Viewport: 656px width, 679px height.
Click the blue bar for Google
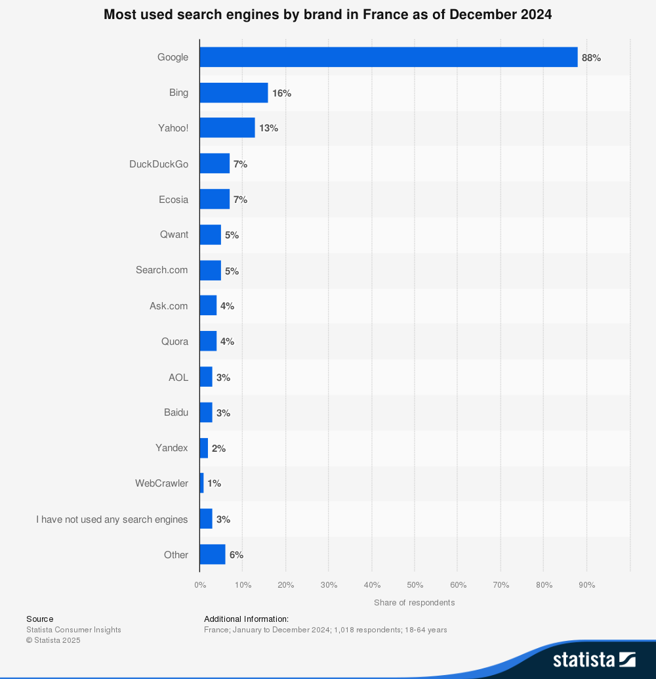pos(388,57)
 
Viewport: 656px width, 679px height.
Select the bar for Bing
pos(234,93)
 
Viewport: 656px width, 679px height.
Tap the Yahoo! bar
pos(227,128)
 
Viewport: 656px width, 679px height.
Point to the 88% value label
pos(591,58)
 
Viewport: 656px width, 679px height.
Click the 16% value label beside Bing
pos(281,93)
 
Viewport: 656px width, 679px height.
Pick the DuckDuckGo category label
pos(159,164)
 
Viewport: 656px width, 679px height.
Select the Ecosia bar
pos(215,199)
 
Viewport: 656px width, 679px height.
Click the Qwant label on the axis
pos(174,234)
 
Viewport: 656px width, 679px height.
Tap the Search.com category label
pos(161,270)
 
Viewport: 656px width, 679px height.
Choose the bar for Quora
pos(208,341)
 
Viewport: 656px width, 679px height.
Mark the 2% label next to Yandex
pos(218,449)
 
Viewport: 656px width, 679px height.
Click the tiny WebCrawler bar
pos(201,483)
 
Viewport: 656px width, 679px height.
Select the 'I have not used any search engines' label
pos(112,519)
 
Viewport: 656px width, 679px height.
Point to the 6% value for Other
pos(236,555)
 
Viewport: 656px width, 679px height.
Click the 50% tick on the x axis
pos(415,585)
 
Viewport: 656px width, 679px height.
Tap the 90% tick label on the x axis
pos(586,585)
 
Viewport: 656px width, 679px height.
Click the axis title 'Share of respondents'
pos(414,603)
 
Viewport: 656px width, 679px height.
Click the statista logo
pos(594,659)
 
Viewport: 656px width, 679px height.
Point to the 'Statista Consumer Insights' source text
pos(73,630)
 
